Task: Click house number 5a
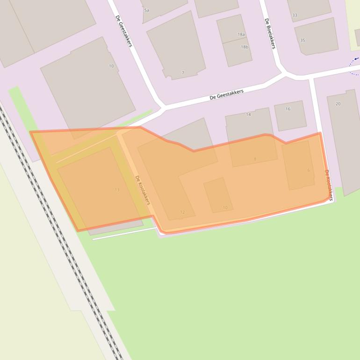click(x=147, y=10)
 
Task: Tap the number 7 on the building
click(x=183, y=73)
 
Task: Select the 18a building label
click(x=241, y=35)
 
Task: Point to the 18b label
click(x=245, y=47)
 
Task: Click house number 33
click(x=295, y=15)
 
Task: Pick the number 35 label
click(x=302, y=41)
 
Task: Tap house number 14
click(x=248, y=115)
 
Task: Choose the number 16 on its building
click(x=288, y=109)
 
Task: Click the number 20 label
click(x=338, y=104)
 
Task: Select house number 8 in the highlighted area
click(x=255, y=159)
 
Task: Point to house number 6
click(x=308, y=170)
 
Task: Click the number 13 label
click(x=117, y=190)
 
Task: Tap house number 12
click(x=182, y=212)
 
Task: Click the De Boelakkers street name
click(x=270, y=33)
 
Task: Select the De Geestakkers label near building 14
click(x=227, y=94)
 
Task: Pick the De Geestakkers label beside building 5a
click(x=124, y=31)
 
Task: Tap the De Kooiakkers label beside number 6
click(x=328, y=185)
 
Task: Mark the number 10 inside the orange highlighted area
click(x=225, y=208)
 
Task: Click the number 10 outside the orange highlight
click(x=111, y=66)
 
